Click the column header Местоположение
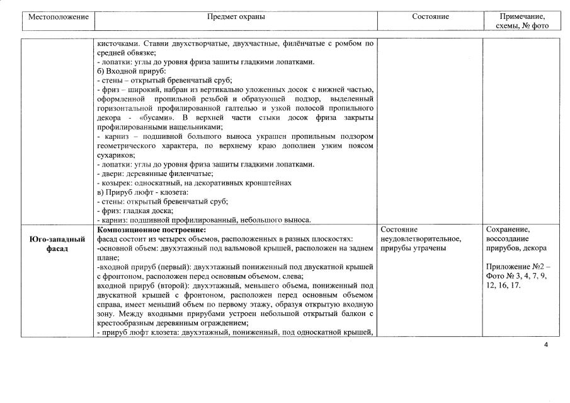coord(58,17)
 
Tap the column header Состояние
coord(430,17)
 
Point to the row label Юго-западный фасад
coord(57,243)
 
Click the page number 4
coord(545,344)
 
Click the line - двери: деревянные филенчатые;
coord(155,173)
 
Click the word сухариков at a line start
coord(115,155)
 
